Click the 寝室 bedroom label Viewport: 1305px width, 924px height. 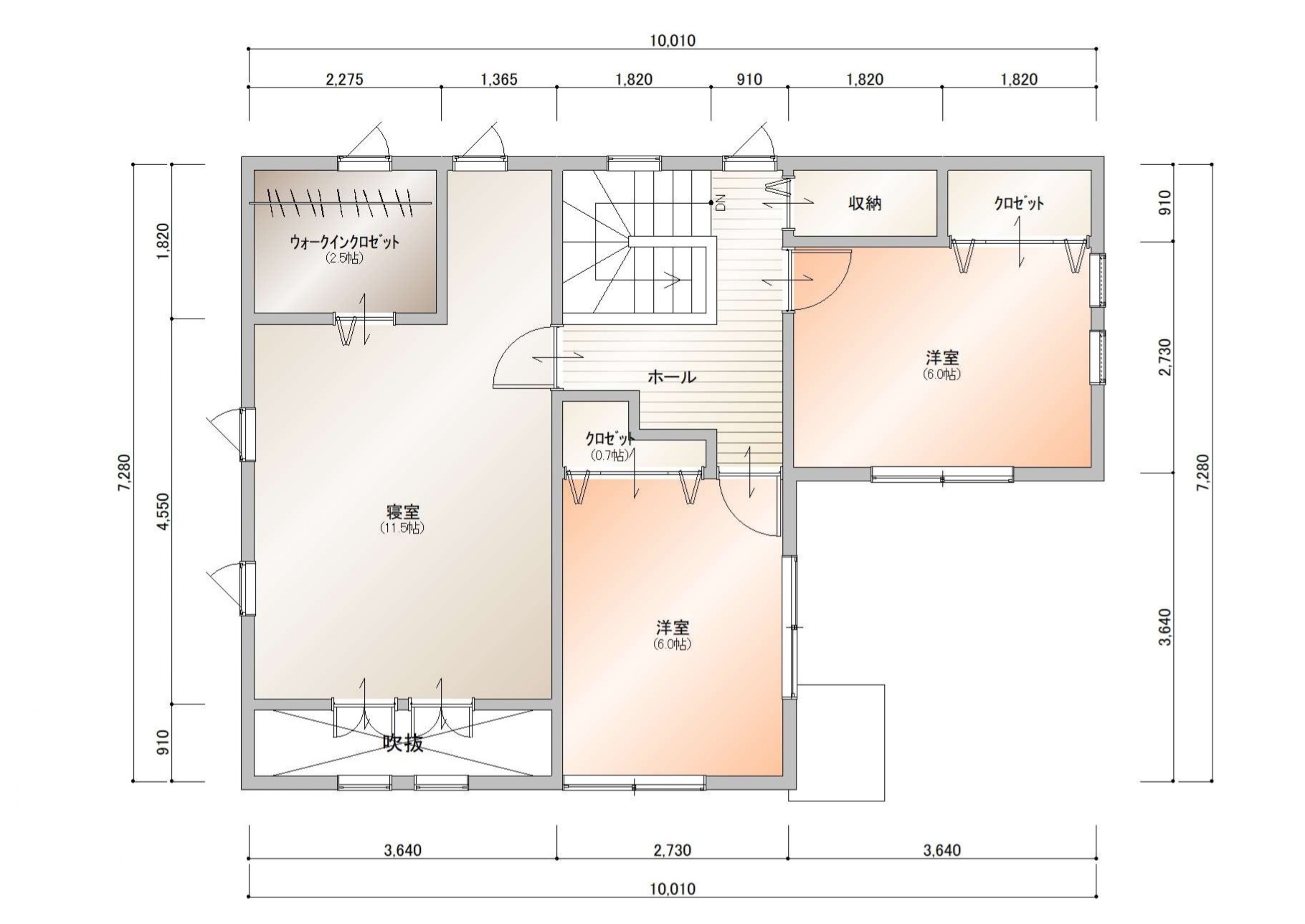tap(402, 512)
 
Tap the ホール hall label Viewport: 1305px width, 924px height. tap(672, 377)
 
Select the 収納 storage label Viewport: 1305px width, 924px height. tap(865, 203)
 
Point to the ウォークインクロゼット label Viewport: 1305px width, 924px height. tap(344, 242)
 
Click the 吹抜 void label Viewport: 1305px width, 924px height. tap(402, 743)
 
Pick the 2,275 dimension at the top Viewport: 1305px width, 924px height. tap(344, 79)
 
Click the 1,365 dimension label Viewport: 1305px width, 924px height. tap(498, 79)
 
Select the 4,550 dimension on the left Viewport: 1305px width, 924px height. tap(164, 511)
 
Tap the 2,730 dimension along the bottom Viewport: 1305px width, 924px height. tap(672, 851)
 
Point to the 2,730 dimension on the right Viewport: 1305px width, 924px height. tap(1164, 357)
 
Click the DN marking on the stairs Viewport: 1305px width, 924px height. tap(721, 203)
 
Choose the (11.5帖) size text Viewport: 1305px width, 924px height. tap(402, 527)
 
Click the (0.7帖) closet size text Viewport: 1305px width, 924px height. tap(610, 455)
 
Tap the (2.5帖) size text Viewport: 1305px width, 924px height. tap(344, 258)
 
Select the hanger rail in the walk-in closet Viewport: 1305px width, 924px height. tap(341, 204)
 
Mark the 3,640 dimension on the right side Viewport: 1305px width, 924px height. tap(1164, 627)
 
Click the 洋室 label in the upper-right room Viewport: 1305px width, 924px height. tap(942, 357)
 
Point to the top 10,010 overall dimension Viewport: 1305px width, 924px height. tap(673, 40)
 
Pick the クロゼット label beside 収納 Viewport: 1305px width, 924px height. tap(1019, 203)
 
